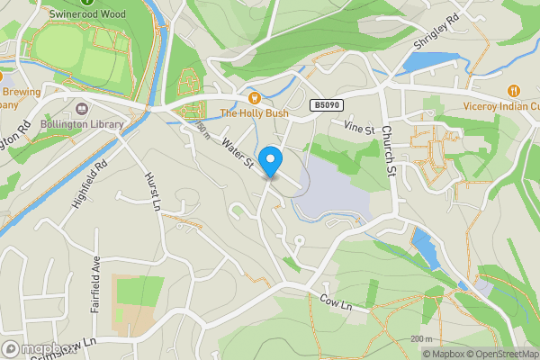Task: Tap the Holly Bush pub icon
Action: click(x=254, y=97)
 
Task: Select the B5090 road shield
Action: click(x=328, y=105)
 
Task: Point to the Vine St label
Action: click(x=358, y=130)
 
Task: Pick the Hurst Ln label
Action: click(x=151, y=191)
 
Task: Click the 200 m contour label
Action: click(x=420, y=338)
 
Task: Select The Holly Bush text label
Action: click(x=254, y=113)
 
